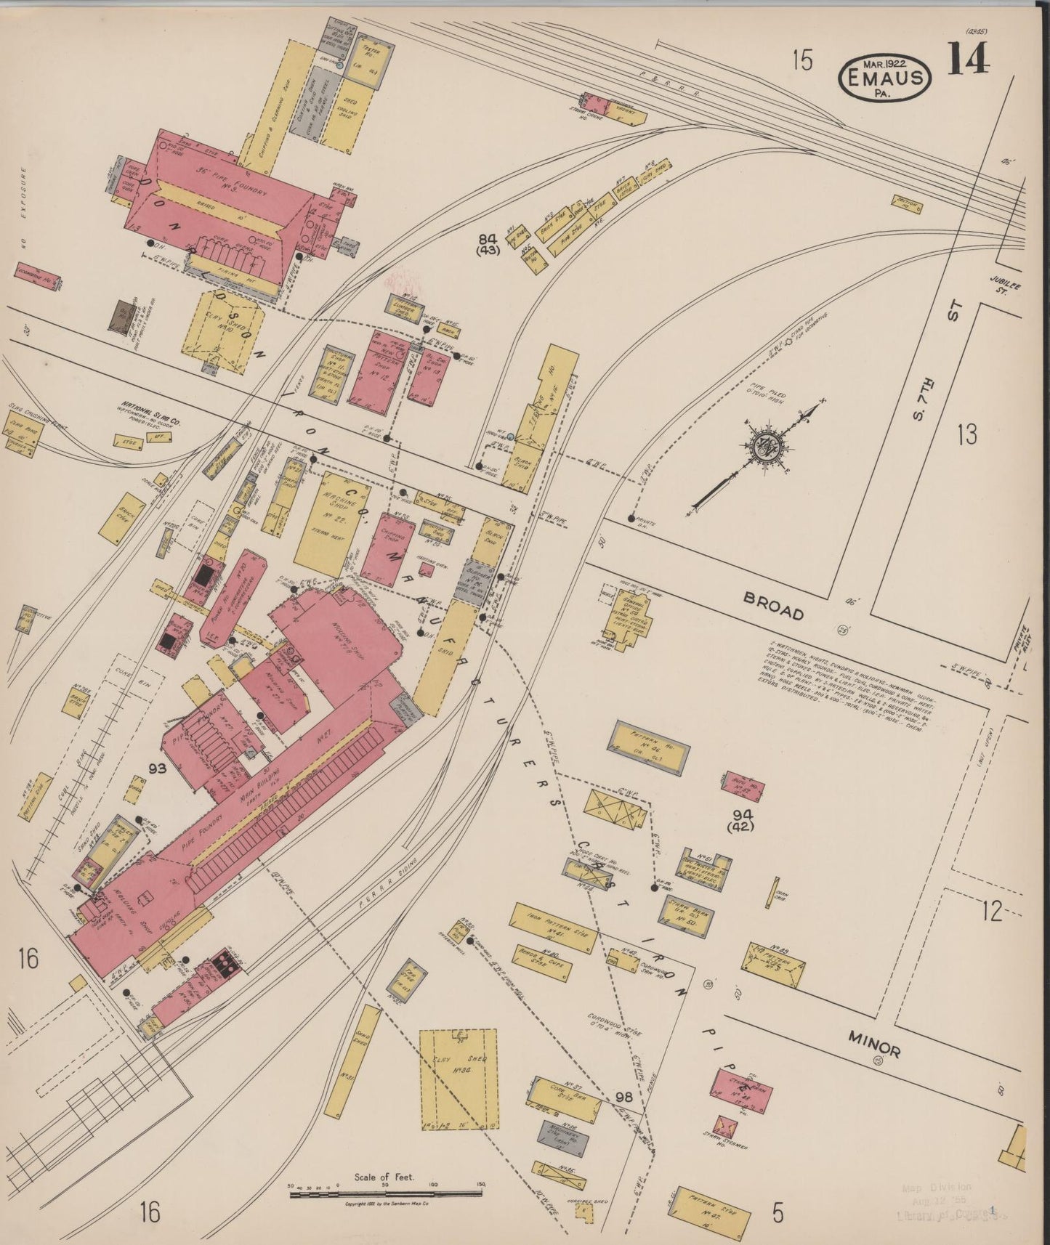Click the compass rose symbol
[x=770, y=445]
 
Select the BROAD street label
[x=773, y=608]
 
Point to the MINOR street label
[x=875, y=1047]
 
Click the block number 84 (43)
[x=488, y=244]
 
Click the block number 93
[x=157, y=769]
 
